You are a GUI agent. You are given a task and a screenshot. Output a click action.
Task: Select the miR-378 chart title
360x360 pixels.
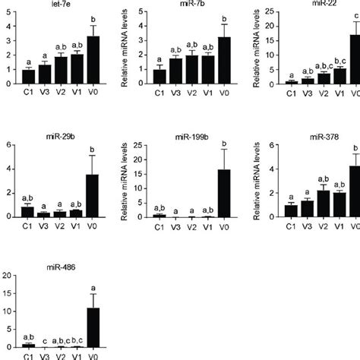(324, 137)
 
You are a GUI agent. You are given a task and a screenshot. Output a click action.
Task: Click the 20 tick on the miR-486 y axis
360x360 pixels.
(6, 274)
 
